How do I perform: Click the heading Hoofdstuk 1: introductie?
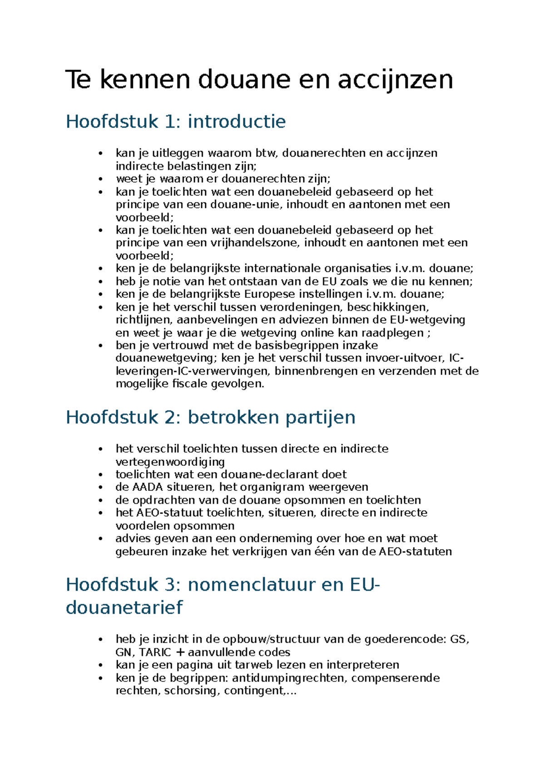[x=176, y=122]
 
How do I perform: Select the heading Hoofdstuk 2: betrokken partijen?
[x=210, y=417]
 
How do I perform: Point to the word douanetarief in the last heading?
[x=124, y=607]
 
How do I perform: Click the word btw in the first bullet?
[x=265, y=153]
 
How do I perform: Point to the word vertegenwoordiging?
[x=170, y=462]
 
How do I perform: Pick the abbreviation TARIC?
[x=155, y=653]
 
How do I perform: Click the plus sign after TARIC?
[x=180, y=653]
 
